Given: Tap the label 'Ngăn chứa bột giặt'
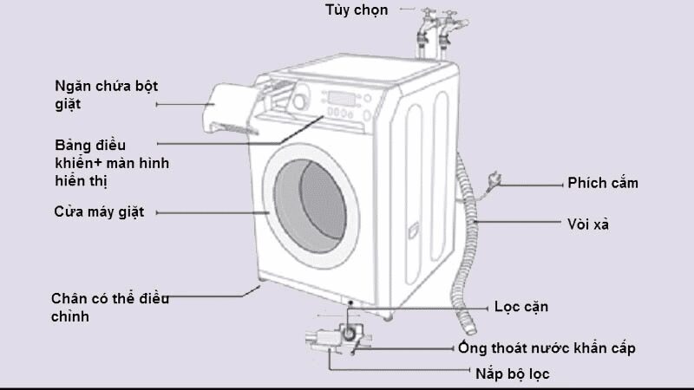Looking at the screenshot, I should tap(107, 94).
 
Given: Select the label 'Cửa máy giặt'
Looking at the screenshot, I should tap(96, 211).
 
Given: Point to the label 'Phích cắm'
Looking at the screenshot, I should tap(603, 183).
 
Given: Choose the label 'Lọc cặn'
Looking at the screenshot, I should tap(520, 307).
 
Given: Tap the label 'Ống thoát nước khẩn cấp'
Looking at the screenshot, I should tap(547, 348).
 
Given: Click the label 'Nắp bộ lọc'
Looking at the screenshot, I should tap(512, 374).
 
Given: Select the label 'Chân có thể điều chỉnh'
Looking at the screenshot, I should tap(108, 308).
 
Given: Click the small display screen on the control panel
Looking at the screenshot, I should tap(342, 98).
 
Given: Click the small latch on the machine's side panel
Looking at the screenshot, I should tap(413, 231).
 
